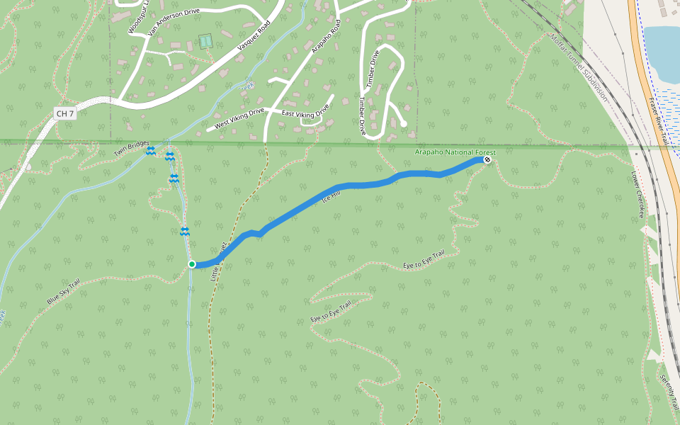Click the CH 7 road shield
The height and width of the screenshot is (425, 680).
64,113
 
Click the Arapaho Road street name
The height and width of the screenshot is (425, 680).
327,36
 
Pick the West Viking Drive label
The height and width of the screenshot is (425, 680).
239,118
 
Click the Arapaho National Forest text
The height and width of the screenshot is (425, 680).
455,153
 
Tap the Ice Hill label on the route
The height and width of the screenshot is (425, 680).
332,195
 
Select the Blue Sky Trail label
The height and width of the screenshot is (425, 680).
64,291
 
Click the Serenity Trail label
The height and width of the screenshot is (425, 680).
669,393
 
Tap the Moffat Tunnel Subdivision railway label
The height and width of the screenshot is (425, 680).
579,67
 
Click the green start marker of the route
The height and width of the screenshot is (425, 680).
192,264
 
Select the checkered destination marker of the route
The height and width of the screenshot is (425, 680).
487,160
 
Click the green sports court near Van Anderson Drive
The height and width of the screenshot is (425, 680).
205,42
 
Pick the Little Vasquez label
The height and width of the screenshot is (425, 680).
219,262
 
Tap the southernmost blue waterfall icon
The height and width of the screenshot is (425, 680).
184,232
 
